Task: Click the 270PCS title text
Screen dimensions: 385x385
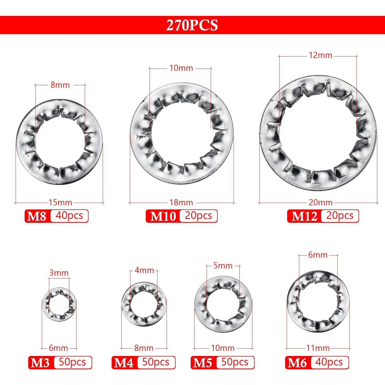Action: pos(192,25)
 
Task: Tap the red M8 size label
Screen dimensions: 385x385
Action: pos(37,216)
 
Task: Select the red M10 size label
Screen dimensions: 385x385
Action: pos(163,216)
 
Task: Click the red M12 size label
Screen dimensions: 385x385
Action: pos(304,216)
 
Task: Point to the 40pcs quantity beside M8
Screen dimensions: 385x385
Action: pos(69,216)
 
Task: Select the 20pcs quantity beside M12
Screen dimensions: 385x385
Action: pos(340,216)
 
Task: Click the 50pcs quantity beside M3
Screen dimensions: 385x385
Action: pos(72,362)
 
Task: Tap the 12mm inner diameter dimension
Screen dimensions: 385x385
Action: pos(321,55)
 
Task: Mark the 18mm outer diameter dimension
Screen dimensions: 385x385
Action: pos(181,203)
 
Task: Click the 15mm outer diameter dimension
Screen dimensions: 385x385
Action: pos(60,203)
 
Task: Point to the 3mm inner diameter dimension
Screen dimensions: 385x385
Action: pos(59,273)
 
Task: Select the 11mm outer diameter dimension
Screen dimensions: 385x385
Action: pos(318,348)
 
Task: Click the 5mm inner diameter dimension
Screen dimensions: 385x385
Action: pos(223,266)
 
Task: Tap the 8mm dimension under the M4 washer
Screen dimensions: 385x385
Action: pos(144,348)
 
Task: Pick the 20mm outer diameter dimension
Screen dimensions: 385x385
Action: pos(321,203)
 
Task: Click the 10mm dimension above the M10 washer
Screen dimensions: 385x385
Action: pos(181,68)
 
